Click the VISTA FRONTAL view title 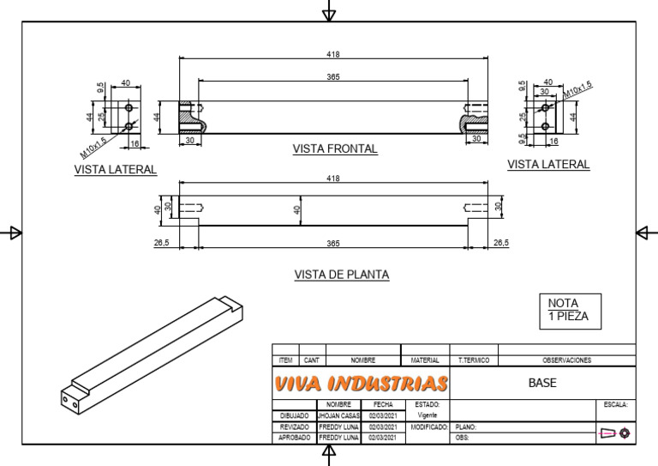click(335, 148)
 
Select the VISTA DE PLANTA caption click(341, 275)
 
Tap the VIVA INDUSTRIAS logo click(361, 384)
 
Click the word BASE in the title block click(543, 383)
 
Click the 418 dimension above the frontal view click(333, 54)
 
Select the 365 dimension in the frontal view click(333, 77)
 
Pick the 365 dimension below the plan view click(333, 244)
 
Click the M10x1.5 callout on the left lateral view click(95, 146)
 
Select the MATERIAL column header click(425, 360)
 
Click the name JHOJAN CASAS click(339, 415)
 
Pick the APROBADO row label click(294, 438)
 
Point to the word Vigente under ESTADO click(428, 415)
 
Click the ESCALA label click(615, 404)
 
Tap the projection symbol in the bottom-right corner click(615, 433)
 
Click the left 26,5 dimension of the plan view click(162, 244)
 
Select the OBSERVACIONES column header click(566, 360)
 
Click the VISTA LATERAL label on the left click(116, 169)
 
